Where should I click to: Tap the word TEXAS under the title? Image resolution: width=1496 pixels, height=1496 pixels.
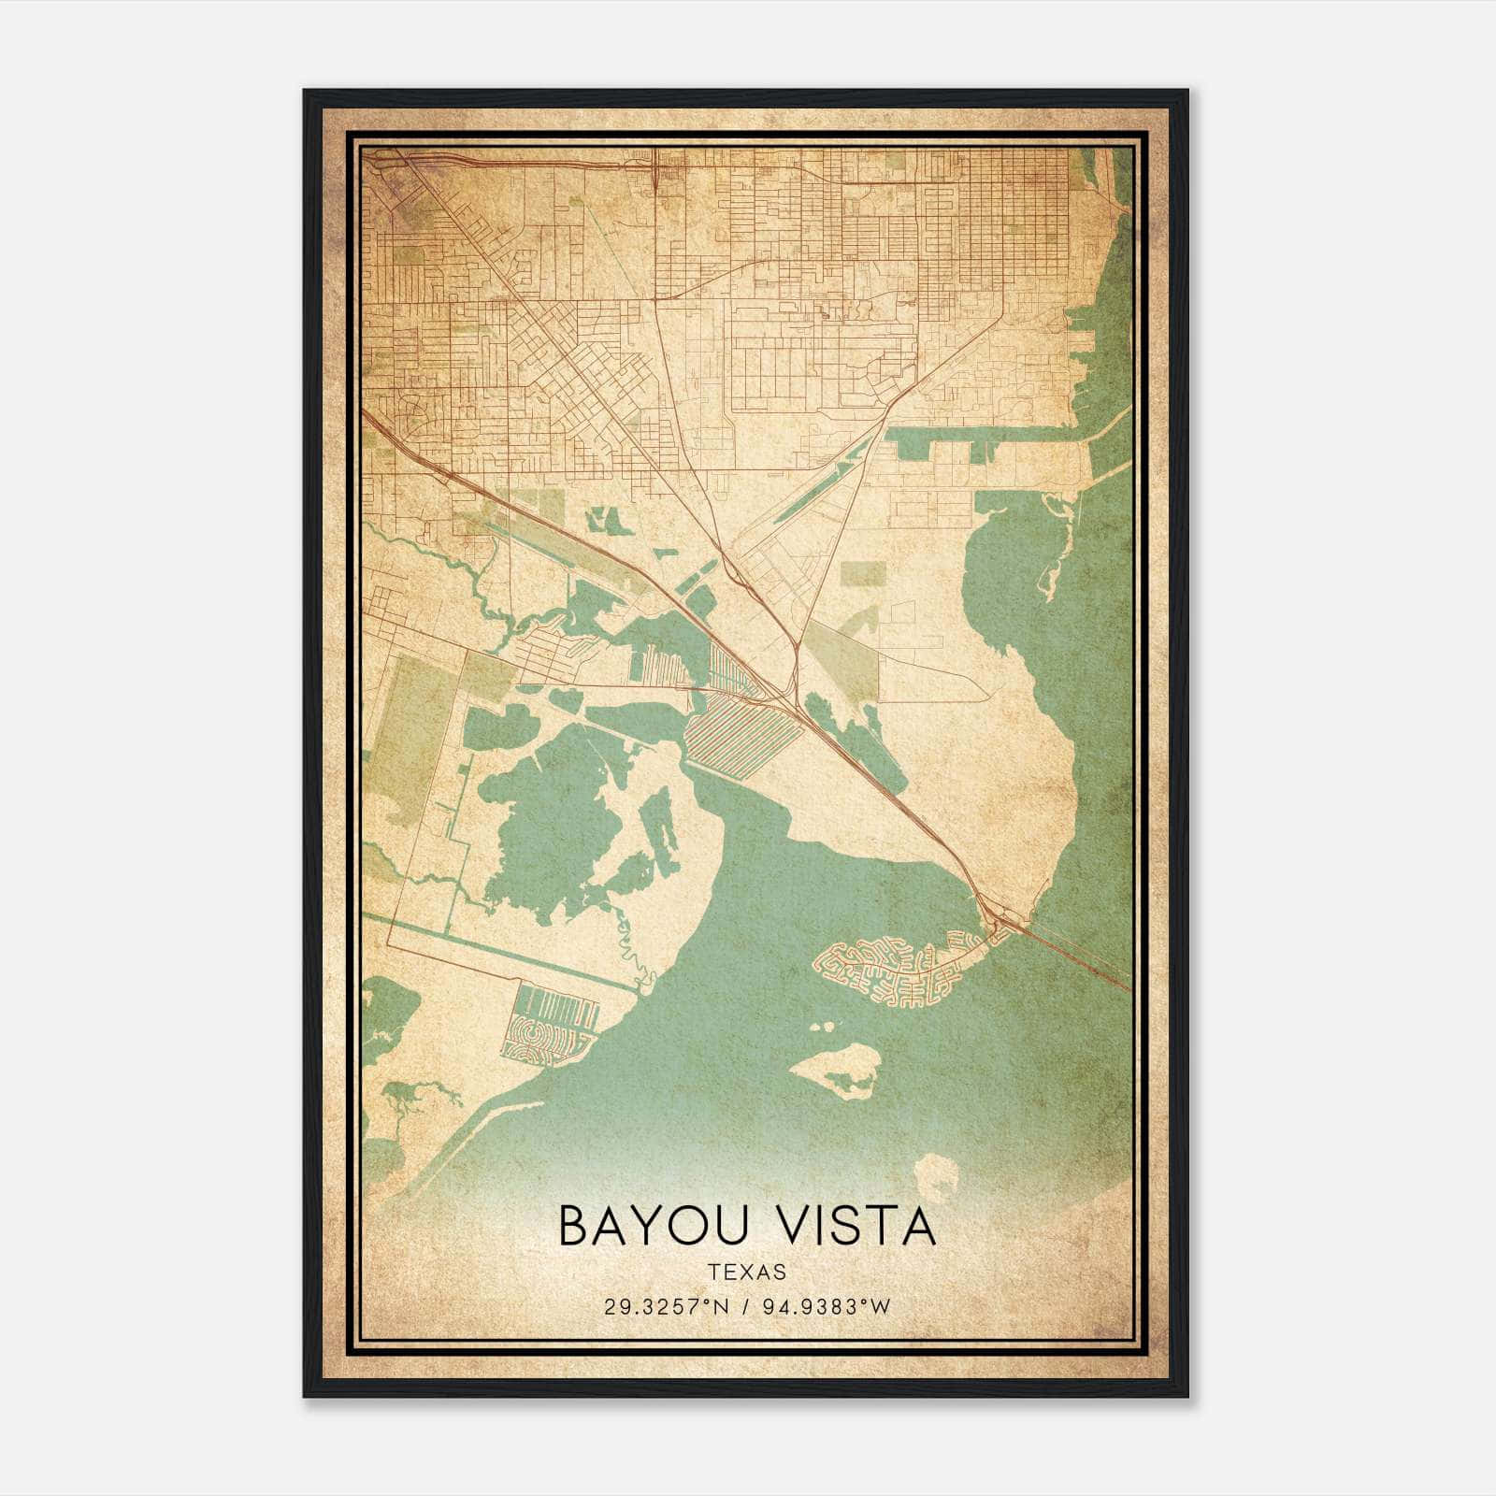tap(747, 1272)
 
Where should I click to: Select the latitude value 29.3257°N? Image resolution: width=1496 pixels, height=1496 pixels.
tap(665, 1307)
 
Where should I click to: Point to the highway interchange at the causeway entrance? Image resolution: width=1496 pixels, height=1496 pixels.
tap(999, 921)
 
